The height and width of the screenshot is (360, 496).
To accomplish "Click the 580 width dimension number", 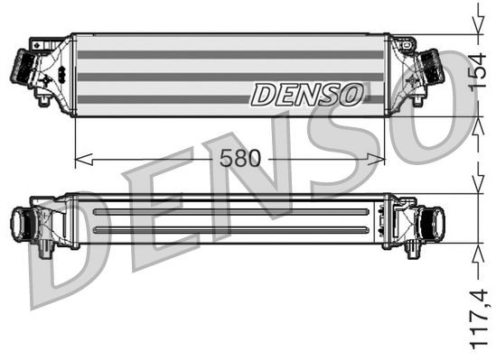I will (x=239, y=159).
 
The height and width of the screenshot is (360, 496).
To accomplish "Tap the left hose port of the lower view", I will (x=20, y=219).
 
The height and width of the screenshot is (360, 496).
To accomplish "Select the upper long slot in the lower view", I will (x=230, y=212).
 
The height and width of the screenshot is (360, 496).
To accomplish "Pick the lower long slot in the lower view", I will (x=230, y=229).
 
